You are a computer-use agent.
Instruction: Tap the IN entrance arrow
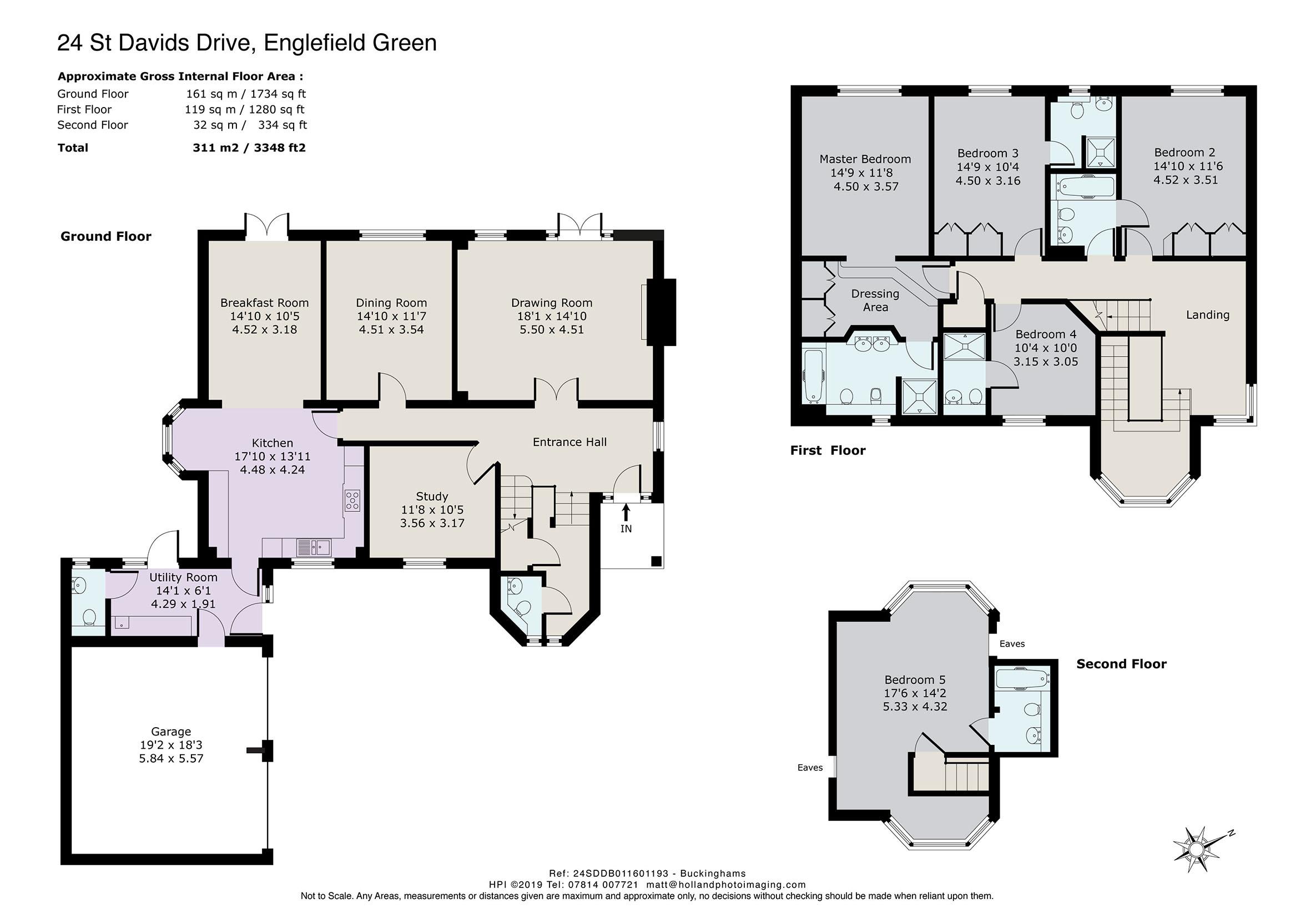[626, 511]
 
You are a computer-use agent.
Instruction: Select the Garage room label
[171, 731]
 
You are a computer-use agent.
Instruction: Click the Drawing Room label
[552, 302]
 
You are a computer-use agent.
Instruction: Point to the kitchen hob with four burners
[352, 500]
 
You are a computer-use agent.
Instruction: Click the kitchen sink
[314, 548]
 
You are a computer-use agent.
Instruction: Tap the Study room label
[432, 496]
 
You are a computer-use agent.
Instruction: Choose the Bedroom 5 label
[915, 680]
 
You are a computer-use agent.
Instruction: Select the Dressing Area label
[875, 300]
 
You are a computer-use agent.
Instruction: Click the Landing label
[1208, 315]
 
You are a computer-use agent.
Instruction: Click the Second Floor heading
[1121, 664]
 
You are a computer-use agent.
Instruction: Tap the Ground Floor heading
[105, 236]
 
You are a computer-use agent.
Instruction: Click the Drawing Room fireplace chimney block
[661, 312]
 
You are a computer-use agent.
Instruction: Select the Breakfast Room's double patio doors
[266, 226]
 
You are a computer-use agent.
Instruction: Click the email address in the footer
[726, 885]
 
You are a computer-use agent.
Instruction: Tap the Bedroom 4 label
[1046, 334]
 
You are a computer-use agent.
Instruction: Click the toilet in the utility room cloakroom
[89, 617]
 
